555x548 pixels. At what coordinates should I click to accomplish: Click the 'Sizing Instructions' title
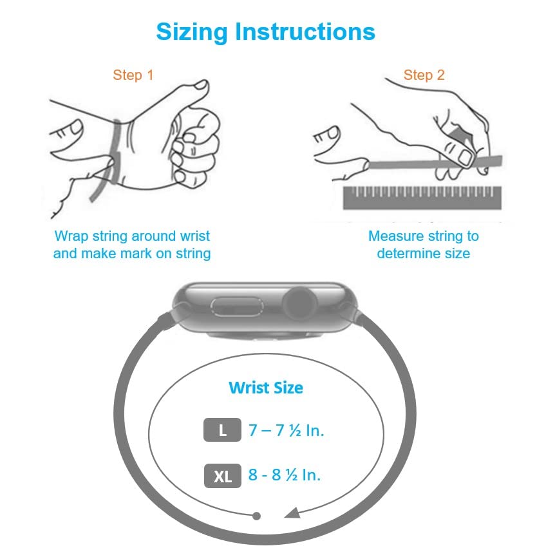click(265, 32)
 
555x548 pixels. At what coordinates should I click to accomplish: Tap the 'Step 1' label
click(133, 75)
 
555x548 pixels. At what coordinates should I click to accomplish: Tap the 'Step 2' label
click(424, 75)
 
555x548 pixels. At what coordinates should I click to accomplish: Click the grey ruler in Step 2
click(422, 198)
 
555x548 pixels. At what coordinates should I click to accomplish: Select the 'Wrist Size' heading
click(266, 388)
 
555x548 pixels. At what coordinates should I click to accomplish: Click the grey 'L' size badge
click(222, 430)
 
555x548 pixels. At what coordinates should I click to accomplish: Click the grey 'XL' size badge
click(223, 476)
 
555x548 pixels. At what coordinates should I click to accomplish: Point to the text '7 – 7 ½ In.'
click(286, 430)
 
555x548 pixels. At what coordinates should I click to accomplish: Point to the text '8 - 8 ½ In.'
click(285, 475)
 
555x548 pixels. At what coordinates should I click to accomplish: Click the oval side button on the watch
click(237, 307)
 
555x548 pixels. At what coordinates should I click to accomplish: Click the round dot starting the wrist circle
click(257, 516)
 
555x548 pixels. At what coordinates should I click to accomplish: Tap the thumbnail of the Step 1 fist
click(202, 84)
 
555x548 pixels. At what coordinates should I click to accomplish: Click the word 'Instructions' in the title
click(305, 32)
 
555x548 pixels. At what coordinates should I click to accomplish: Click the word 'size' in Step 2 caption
click(457, 254)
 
